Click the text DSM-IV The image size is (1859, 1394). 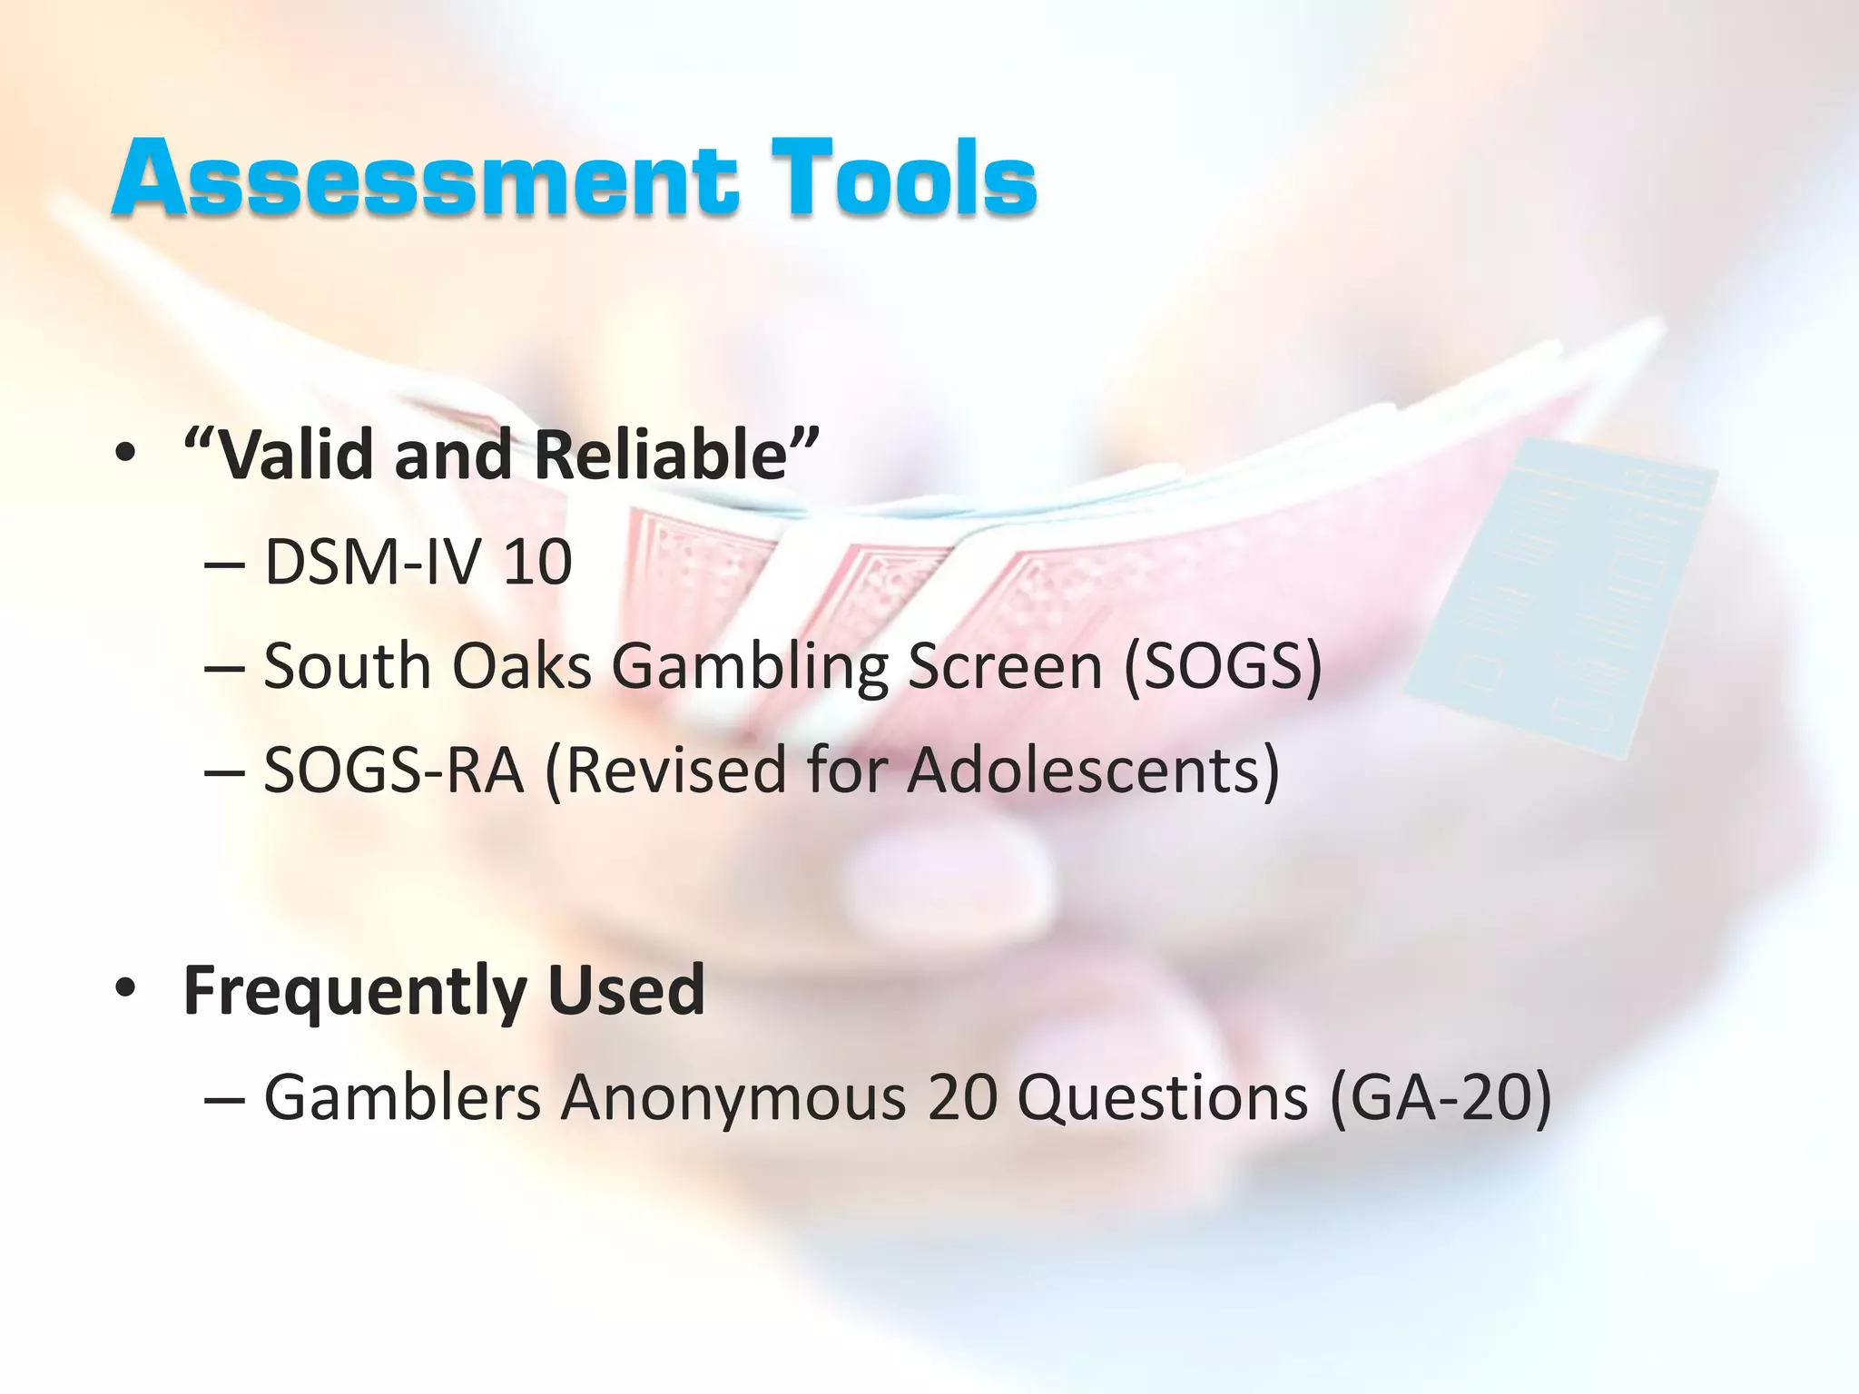pos(372,563)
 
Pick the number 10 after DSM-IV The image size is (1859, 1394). pos(537,563)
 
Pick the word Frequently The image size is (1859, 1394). pos(355,991)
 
